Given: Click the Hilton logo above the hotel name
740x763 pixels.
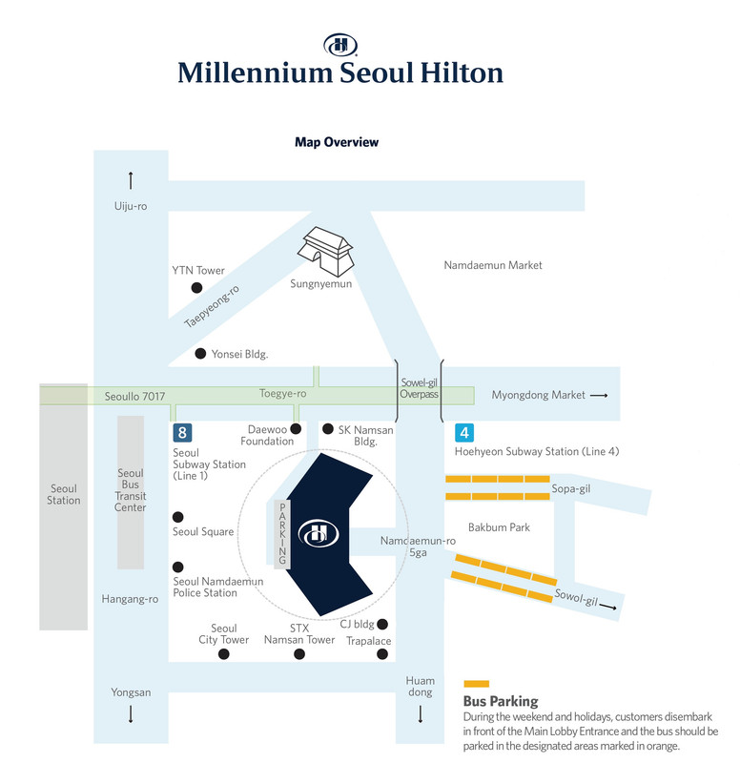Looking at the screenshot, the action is point(340,45).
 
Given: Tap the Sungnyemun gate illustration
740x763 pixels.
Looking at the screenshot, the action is point(325,251).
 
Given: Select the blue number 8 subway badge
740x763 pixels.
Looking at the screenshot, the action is point(182,432).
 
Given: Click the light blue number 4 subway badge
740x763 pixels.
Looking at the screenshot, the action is point(464,432).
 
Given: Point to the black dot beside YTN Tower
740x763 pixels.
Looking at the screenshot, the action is point(196,288).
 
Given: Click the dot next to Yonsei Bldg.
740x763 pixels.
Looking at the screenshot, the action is point(200,353).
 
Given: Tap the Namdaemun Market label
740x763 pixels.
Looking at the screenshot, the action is point(493,265).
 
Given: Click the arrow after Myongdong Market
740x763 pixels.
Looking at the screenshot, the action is point(599,395).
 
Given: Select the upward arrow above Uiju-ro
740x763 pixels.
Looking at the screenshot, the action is point(131,180).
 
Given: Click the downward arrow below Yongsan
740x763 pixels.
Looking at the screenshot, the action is point(131,713).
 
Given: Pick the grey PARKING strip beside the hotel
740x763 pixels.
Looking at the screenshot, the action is point(282,534).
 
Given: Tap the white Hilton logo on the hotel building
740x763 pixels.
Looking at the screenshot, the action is point(319,533).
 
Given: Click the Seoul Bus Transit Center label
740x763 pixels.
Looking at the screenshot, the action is point(131,490).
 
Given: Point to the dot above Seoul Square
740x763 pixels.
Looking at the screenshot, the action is point(178,516).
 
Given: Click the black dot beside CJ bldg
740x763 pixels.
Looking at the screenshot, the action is point(382,624).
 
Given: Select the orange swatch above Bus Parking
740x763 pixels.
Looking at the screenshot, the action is point(476,683).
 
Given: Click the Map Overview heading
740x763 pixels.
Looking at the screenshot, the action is point(337,142).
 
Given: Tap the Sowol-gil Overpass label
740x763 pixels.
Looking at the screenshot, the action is point(419,388).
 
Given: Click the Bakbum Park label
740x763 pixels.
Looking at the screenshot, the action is point(499,527).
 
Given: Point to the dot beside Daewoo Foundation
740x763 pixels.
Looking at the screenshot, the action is point(296,428).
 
